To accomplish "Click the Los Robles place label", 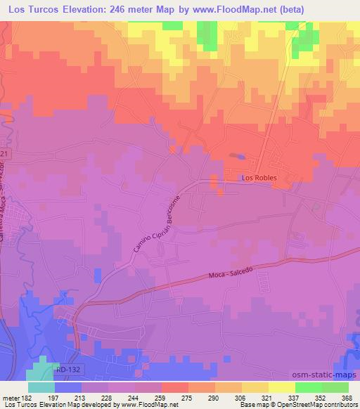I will (x=259, y=178).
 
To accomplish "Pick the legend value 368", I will (x=347, y=398).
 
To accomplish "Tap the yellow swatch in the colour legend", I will (x=281, y=387).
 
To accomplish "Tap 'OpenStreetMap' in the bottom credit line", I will (x=301, y=405).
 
